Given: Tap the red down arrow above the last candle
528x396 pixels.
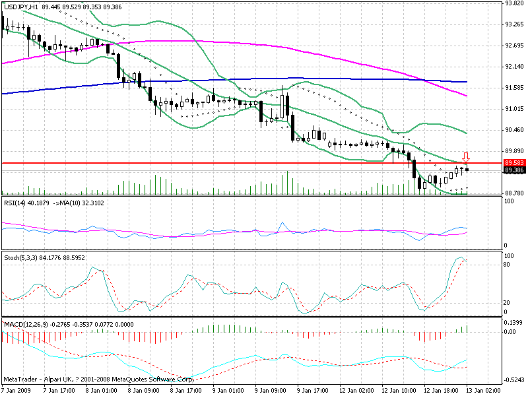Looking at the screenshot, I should pyautogui.click(x=465, y=157).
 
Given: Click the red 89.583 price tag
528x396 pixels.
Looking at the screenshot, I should pyautogui.click(x=513, y=162).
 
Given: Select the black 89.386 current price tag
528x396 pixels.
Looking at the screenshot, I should pyautogui.click(x=513, y=170).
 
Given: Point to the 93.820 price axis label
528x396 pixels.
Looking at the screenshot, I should pyautogui.click(x=513, y=3).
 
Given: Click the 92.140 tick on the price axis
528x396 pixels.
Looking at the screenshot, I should pyautogui.click(x=513, y=67).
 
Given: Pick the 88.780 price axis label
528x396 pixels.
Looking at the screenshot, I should pyautogui.click(x=513, y=193).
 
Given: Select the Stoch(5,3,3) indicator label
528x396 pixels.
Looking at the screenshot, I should pyautogui.click(x=20, y=256).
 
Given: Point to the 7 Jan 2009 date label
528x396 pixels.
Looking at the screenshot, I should pyautogui.click(x=17, y=390).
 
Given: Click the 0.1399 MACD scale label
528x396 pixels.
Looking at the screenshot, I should pyautogui.click(x=513, y=321).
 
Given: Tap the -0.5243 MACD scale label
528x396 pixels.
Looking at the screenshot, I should pyautogui.click(x=513, y=380).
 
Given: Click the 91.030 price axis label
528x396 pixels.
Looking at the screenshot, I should pyautogui.click(x=513, y=108).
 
